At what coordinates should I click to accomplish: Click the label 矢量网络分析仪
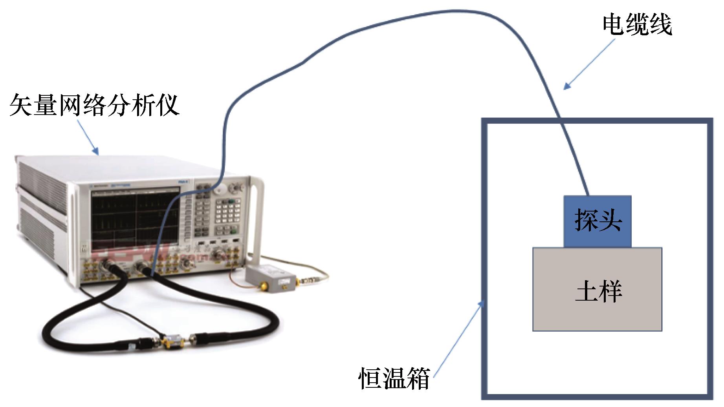(94, 105)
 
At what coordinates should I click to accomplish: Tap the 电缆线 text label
(637, 26)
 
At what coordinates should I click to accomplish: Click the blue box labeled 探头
(597, 221)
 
